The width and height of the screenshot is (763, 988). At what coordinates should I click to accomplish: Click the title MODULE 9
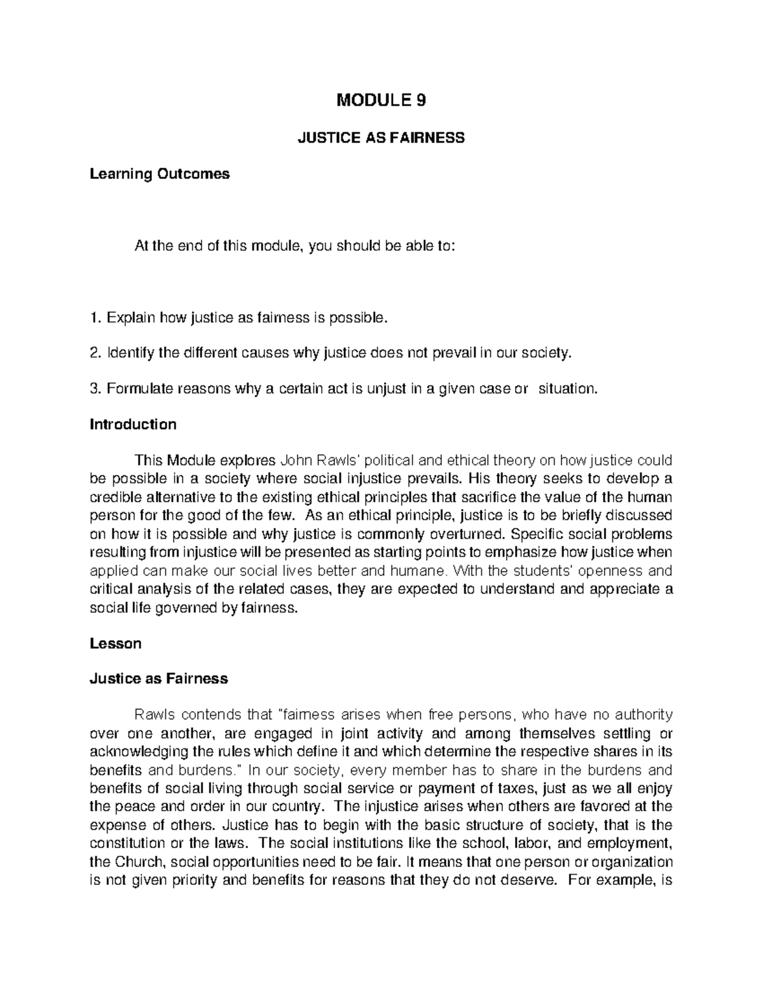point(381,100)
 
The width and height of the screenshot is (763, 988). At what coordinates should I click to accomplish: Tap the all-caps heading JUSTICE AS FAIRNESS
point(381,137)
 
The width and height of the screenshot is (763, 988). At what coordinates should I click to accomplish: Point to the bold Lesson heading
point(115,643)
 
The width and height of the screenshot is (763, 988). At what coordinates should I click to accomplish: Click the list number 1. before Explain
point(95,317)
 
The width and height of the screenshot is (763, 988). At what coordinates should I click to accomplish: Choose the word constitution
point(125,844)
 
